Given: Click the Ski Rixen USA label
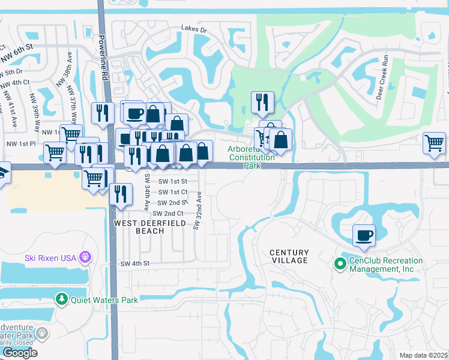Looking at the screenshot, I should (x=51, y=258).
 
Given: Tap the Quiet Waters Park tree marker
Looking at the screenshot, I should (x=61, y=299).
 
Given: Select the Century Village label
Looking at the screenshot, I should (x=289, y=256).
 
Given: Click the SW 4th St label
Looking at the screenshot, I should (x=134, y=263).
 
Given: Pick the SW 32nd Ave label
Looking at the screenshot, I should (x=197, y=211).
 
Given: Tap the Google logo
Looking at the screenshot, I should (x=20, y=352).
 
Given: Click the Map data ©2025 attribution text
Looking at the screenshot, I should (x=423, y=355).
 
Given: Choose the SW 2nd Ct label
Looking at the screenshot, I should (x=168, y=214).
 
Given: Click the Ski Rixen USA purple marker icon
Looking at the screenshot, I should (x=85, y=257).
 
